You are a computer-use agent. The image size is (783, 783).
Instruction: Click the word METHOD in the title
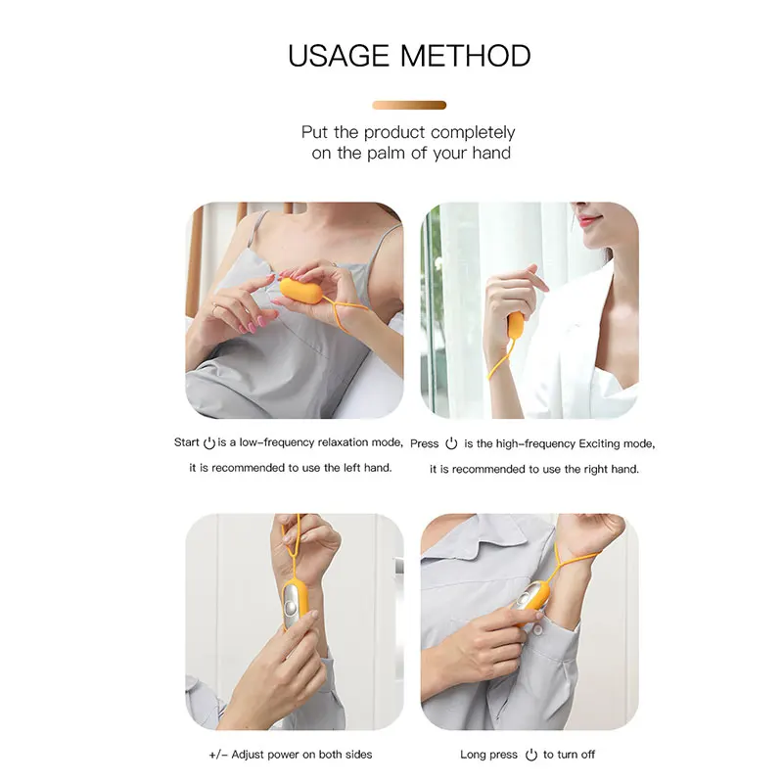(x=468, y=56)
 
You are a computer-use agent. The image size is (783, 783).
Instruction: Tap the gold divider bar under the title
(x=409, y=105)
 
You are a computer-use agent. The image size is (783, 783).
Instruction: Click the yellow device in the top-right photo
(x=515, y=327)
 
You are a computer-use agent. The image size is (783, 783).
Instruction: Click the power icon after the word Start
(x=208, y=443)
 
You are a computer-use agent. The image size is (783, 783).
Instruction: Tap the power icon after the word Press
(x=451, y=443)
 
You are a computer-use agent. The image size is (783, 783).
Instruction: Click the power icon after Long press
(x=531, y=755)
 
